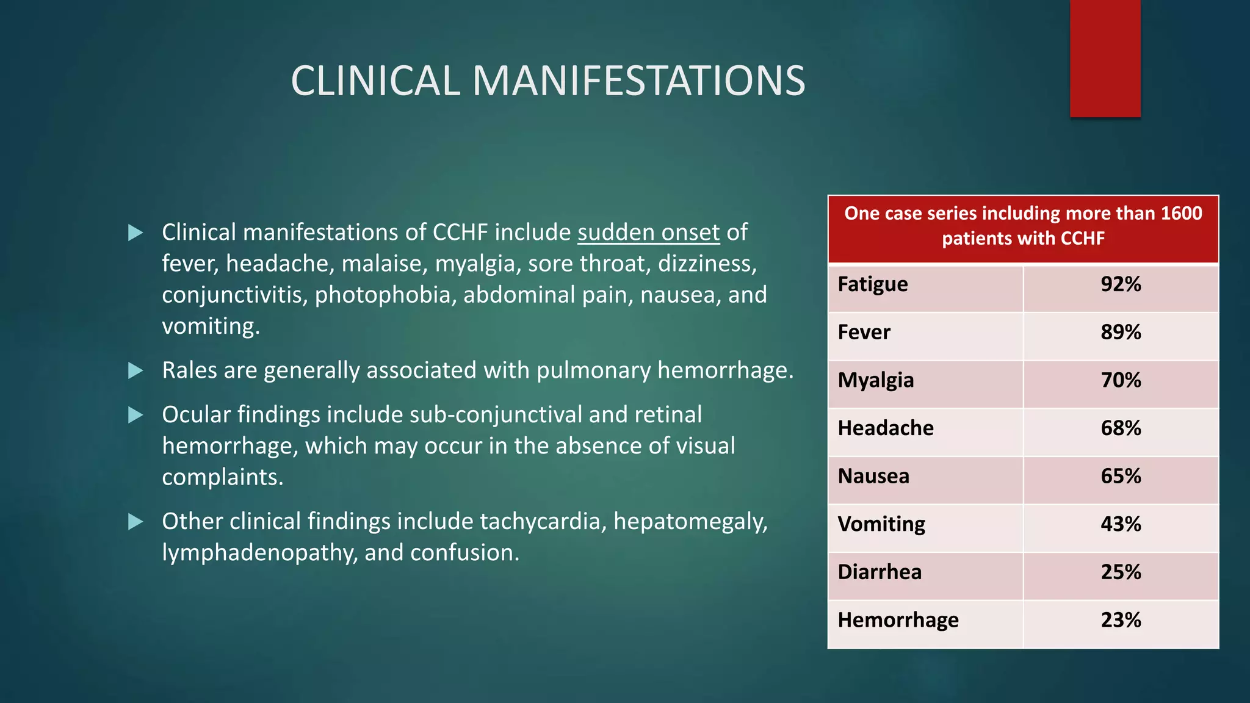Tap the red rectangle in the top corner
[1105, 58]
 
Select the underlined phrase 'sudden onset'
[648, 233]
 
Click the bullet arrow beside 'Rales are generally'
[135, 370]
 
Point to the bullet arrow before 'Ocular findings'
[135, 415]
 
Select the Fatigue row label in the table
[872, 284]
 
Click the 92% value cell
[1121, 284]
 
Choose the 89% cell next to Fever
[1121, 333]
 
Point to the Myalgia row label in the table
[875, 381]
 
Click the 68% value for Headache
[1121, 428]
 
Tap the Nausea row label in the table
[873, 477]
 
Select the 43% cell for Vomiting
[1121, 524]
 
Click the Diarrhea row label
[880, 572]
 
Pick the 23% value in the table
[1121, 621]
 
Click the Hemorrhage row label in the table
[898, 621]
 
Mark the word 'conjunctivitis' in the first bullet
[234, 295]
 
